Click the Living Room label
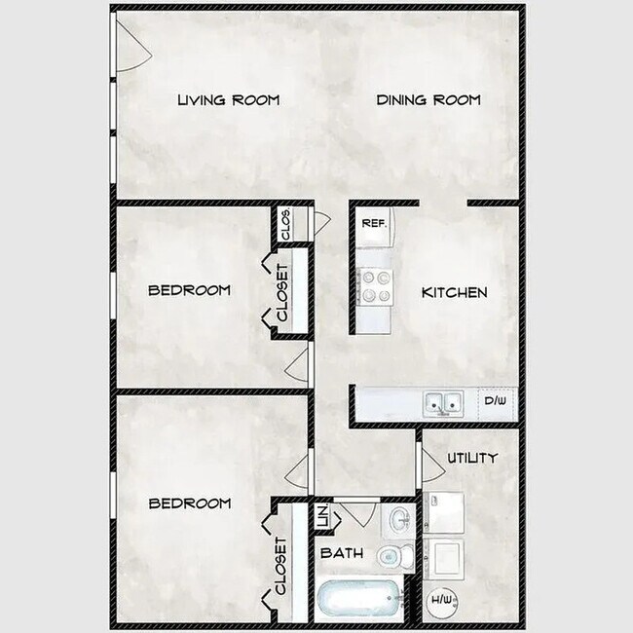click(x=229, y=99)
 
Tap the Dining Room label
click(x=428, y=99)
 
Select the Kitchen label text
click(x=454, y=292)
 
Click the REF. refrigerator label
click(x=374, y=223)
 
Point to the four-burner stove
click(x=375, y=286)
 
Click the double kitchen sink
click(x=443, y=403)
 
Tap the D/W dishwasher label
click(x=495, y=400)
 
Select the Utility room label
click(x=472, y=458)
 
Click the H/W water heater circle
click(x=442, y=600)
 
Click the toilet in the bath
click(x=396, y=556)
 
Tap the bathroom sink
click(x=399, y=520)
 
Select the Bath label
click(x=342, y=553)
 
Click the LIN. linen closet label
click(x=323, y=516)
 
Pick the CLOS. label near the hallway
click(x=285, y=224)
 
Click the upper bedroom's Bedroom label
click(x=189, y=290)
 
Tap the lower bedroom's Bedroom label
click(x=190, y=503)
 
